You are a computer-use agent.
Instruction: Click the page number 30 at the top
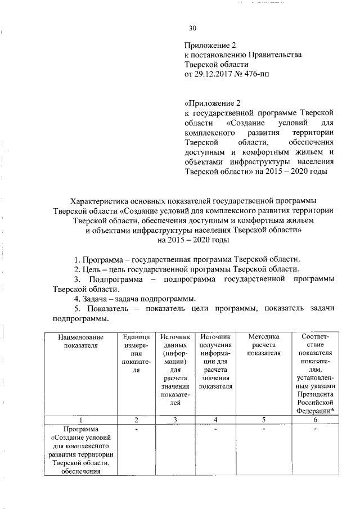[x=192, y=29]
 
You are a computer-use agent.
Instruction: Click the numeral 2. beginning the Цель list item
[x=78, y=268]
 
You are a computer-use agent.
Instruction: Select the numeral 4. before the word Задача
[x=78, y=298]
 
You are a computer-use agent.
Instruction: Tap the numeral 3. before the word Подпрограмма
[x=78, y=278]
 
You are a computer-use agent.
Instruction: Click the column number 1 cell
[x=80, y=420]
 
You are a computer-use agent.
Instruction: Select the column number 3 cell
[x=175, y=420]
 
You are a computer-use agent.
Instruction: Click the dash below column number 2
[x=136, y=429]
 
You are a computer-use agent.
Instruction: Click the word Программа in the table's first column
[x=80, y=430]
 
